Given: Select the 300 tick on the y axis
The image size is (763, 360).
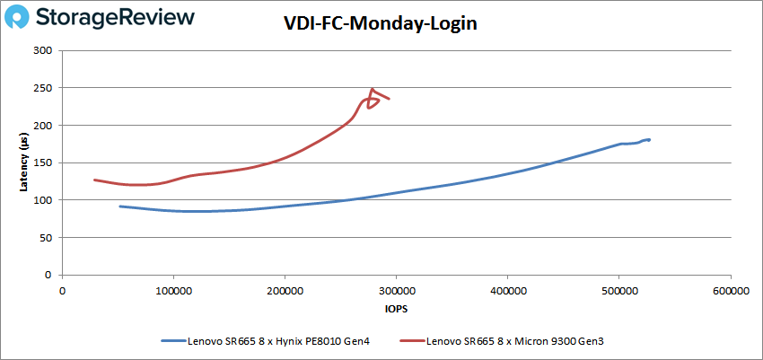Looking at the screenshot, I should (43, 50).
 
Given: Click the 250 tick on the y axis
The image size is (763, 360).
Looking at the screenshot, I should (43, 88).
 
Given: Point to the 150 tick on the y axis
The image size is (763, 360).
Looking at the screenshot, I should (43, 162).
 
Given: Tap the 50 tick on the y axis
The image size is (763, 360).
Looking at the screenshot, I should (46, 238).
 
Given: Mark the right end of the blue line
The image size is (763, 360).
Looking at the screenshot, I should (649, 139).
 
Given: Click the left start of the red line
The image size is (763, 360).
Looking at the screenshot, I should (94, 180).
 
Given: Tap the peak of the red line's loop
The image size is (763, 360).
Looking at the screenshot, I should (372, 89).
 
